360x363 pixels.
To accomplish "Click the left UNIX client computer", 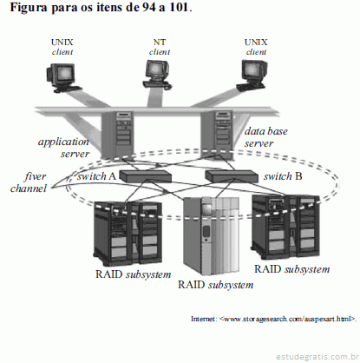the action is (62, 77).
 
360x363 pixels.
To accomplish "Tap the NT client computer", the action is (158, 74).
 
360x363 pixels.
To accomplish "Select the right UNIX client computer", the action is (252, 75).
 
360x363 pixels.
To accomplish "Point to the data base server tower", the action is (217, 135).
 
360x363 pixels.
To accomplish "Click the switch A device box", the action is (146, 176).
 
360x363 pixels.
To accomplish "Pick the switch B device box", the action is (232, 176).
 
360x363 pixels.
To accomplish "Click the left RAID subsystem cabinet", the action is (128, 233).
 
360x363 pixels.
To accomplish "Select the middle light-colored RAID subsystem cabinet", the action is (212, 236).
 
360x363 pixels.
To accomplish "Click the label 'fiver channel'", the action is (29, 182).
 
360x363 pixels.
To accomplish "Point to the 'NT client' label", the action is (160, 47).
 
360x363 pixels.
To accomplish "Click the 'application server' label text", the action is (64, 148).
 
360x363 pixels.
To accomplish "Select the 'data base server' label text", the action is (266, 137).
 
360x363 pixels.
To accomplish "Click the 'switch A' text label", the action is (96, 176).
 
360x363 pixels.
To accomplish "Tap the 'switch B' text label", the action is (283, 176).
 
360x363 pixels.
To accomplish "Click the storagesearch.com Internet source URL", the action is (288, 319).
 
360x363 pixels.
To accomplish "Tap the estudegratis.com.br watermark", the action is (317, 357).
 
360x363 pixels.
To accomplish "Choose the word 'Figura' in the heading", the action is (29, 7).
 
